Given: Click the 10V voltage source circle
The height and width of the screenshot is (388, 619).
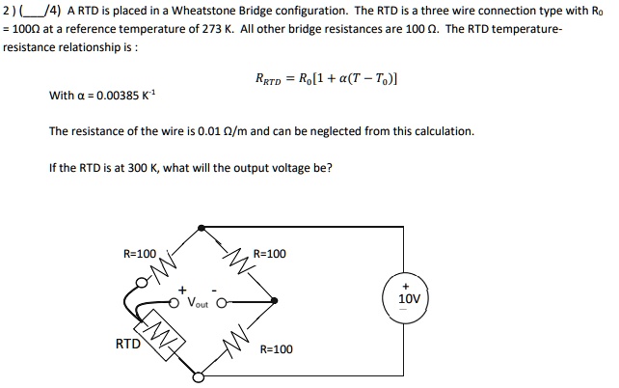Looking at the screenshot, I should click(x=409, y=294).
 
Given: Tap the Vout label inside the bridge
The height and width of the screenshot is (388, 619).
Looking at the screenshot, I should click(x=199, y=302).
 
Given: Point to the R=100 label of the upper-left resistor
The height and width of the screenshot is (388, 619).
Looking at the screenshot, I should click(x=139, y=254).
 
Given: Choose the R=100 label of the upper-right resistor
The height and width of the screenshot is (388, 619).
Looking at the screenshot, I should click(x=269, y=254).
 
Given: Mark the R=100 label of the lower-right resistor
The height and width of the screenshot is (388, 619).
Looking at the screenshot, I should click(x=276, y=348).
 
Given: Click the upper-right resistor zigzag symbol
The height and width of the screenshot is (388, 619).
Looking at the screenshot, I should click(x=237, y=262).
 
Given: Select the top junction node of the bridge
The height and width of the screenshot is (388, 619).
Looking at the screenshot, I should click(x=200, y=227).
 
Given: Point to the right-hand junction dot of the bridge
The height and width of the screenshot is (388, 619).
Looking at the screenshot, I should click(x=275, y=300).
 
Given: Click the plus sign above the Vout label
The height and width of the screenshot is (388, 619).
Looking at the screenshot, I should click(x=181, y=288).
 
